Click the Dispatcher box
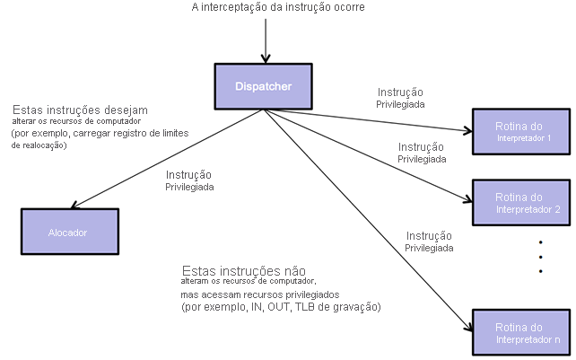[262, 86]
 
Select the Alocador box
[68, 232]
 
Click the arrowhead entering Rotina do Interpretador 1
[467, 131]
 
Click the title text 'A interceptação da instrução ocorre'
[278, 9]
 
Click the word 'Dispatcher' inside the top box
[263, 86]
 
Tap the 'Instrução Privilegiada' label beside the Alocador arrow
[189, 181]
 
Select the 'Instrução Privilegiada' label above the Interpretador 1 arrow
[401, 98]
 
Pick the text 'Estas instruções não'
[243, 270]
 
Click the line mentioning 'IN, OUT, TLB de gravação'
[281, 307]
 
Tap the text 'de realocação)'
[39, 145]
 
